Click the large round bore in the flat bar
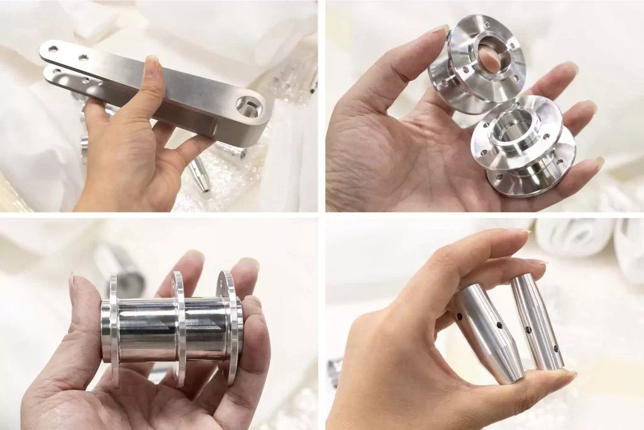pos(248,107)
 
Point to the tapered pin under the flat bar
pos(200,173)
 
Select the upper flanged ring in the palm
pos(478,63)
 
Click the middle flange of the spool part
pos(179,327)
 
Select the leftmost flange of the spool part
pos(114,327)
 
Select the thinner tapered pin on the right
pos(538,321)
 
